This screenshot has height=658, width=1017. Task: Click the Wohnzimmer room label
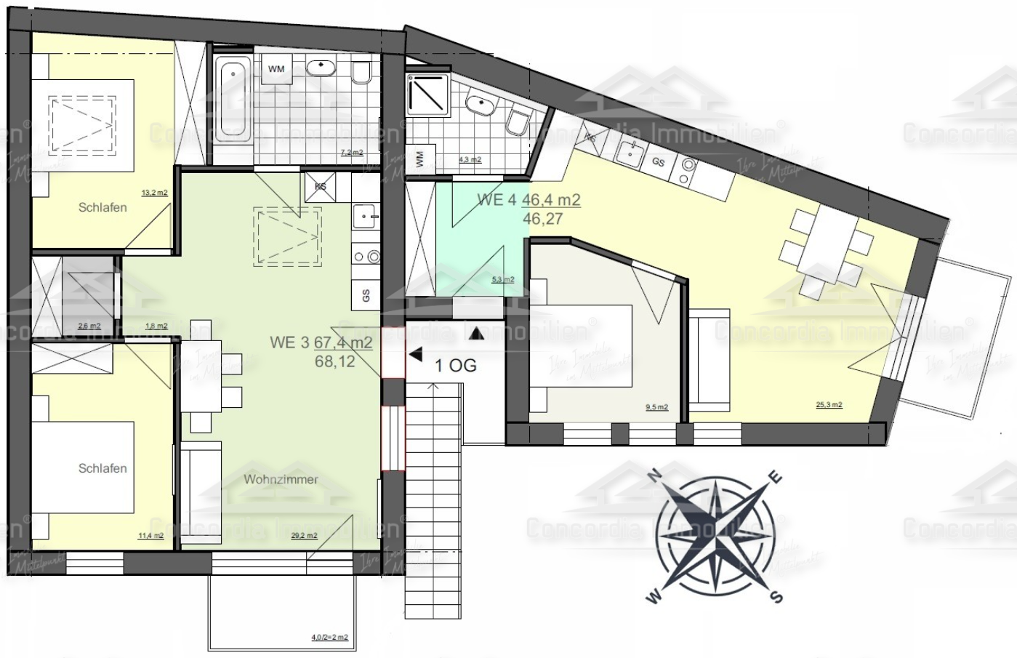(x=281, y=479)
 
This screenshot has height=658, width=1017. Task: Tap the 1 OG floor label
(x=456, y=365)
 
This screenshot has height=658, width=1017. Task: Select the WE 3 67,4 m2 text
(x=321, y=342)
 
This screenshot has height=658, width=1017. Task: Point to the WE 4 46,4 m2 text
(x=528, y=200)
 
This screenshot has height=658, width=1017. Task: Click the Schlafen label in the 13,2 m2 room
(x=102, y=207)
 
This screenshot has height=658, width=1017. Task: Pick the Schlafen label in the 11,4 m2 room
(x=102, y=468)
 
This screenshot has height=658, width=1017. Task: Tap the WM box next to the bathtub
(x=276, y=69)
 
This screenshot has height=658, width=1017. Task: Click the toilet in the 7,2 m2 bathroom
(x=361, y=73)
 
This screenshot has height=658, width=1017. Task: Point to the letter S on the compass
(x=776, y=597)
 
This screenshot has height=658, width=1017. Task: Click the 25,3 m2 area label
(x=828, y=405)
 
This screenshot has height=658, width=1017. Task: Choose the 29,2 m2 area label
(x=304, y=536)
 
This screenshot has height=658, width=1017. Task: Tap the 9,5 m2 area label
(x=656, y=408)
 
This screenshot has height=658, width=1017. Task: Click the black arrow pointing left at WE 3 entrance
(x=416, y=355)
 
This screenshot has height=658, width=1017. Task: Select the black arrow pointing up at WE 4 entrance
(x=475, y=334)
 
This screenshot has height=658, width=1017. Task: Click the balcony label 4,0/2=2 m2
(x=329, y=638)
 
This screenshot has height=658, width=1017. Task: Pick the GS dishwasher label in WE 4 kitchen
(x=659, y=163)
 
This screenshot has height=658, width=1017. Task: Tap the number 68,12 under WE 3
(x=335, y=361)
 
